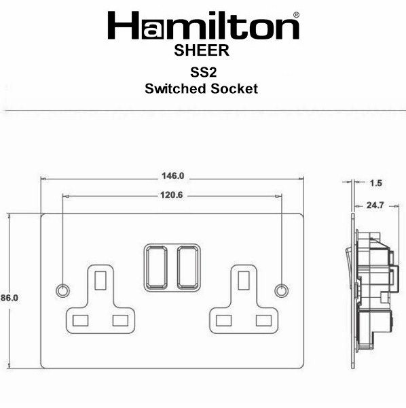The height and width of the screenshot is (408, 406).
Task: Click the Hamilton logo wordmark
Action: pos(203,26)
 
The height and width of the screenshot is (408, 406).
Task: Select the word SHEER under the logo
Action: pos(202,50)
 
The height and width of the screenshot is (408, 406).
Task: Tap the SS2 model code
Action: pos(203,72)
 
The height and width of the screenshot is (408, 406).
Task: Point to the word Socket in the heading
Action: pos(234,88)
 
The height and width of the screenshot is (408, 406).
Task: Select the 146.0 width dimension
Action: pos(172,176)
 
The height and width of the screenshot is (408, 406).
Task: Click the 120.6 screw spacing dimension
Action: pos(172,195)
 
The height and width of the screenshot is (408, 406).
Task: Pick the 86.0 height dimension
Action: pos(10,298)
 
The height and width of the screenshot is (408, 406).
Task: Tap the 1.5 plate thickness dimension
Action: pos(376,183)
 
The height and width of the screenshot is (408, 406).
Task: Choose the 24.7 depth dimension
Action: pos(375,205)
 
